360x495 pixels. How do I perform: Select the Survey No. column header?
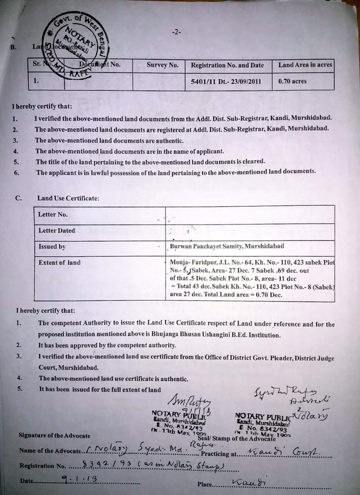(163, 65)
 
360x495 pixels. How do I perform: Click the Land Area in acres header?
(305, 65)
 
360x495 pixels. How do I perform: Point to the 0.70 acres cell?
(292, 81)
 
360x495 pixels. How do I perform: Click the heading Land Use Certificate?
(65, 198)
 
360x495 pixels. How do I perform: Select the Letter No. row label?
(53, 214)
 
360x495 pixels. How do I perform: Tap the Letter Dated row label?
(57, 231)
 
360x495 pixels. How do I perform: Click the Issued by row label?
(52, 246)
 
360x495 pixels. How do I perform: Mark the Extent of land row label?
(60, 262)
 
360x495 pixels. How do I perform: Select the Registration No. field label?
(43, 465)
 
